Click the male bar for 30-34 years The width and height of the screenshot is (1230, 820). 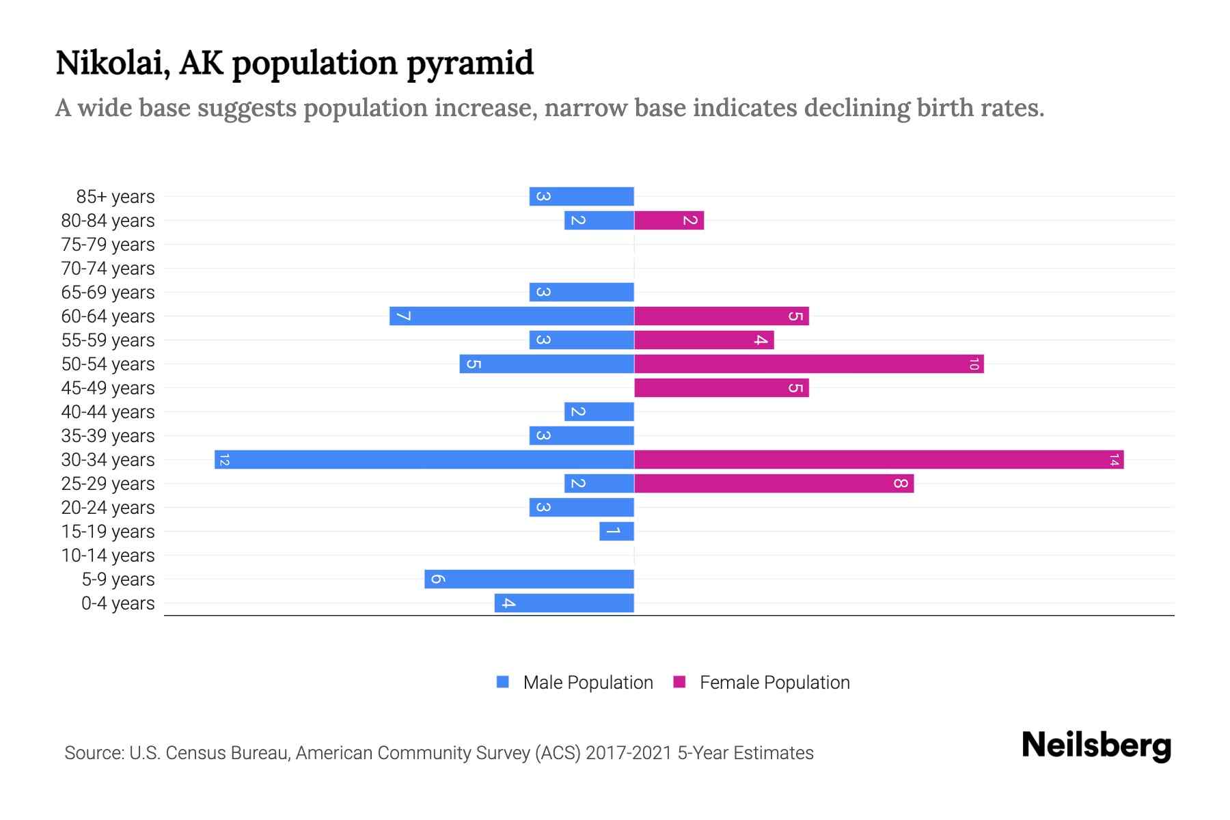pos(424,459)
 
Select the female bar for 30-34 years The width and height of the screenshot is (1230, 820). pos(879,459)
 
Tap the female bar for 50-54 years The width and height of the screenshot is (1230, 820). pos(808,364)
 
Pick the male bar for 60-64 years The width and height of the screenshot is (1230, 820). pos(511,316)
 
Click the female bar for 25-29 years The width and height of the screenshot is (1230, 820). pos(774,483)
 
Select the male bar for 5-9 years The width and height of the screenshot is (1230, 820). pos(529,579)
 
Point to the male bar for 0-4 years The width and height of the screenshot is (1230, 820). pos(564,603)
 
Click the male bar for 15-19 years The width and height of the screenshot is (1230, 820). pos(616,531)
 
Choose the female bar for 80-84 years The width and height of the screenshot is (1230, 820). pos(669,220)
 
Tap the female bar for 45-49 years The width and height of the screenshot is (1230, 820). pos(721,387)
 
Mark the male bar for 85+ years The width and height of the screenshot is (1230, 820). pos(582,196)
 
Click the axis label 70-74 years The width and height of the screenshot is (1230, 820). pos(108,269)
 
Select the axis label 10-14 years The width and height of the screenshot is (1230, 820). pos(108,556)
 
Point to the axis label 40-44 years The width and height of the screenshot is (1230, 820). pos(108,412)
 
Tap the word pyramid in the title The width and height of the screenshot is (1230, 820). pos(470,64)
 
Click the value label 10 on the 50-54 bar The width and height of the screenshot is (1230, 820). pos(974,364)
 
